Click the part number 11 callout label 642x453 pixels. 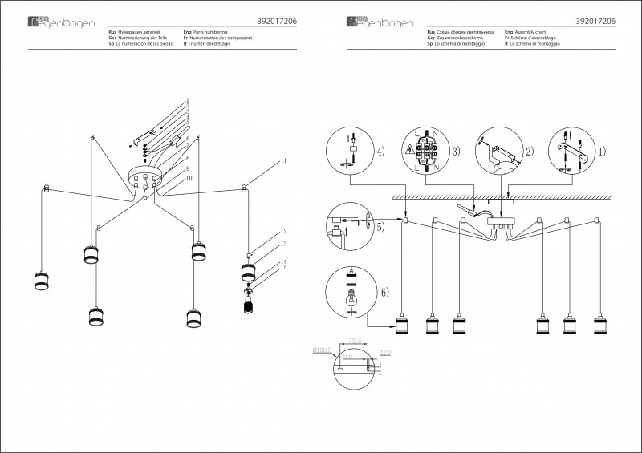click(283, 163)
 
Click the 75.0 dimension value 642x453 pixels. click(354, 340)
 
